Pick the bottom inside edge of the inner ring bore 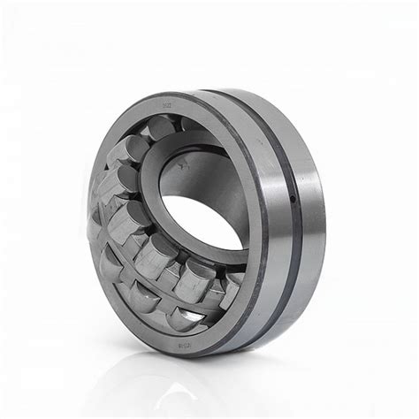[208, 250]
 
